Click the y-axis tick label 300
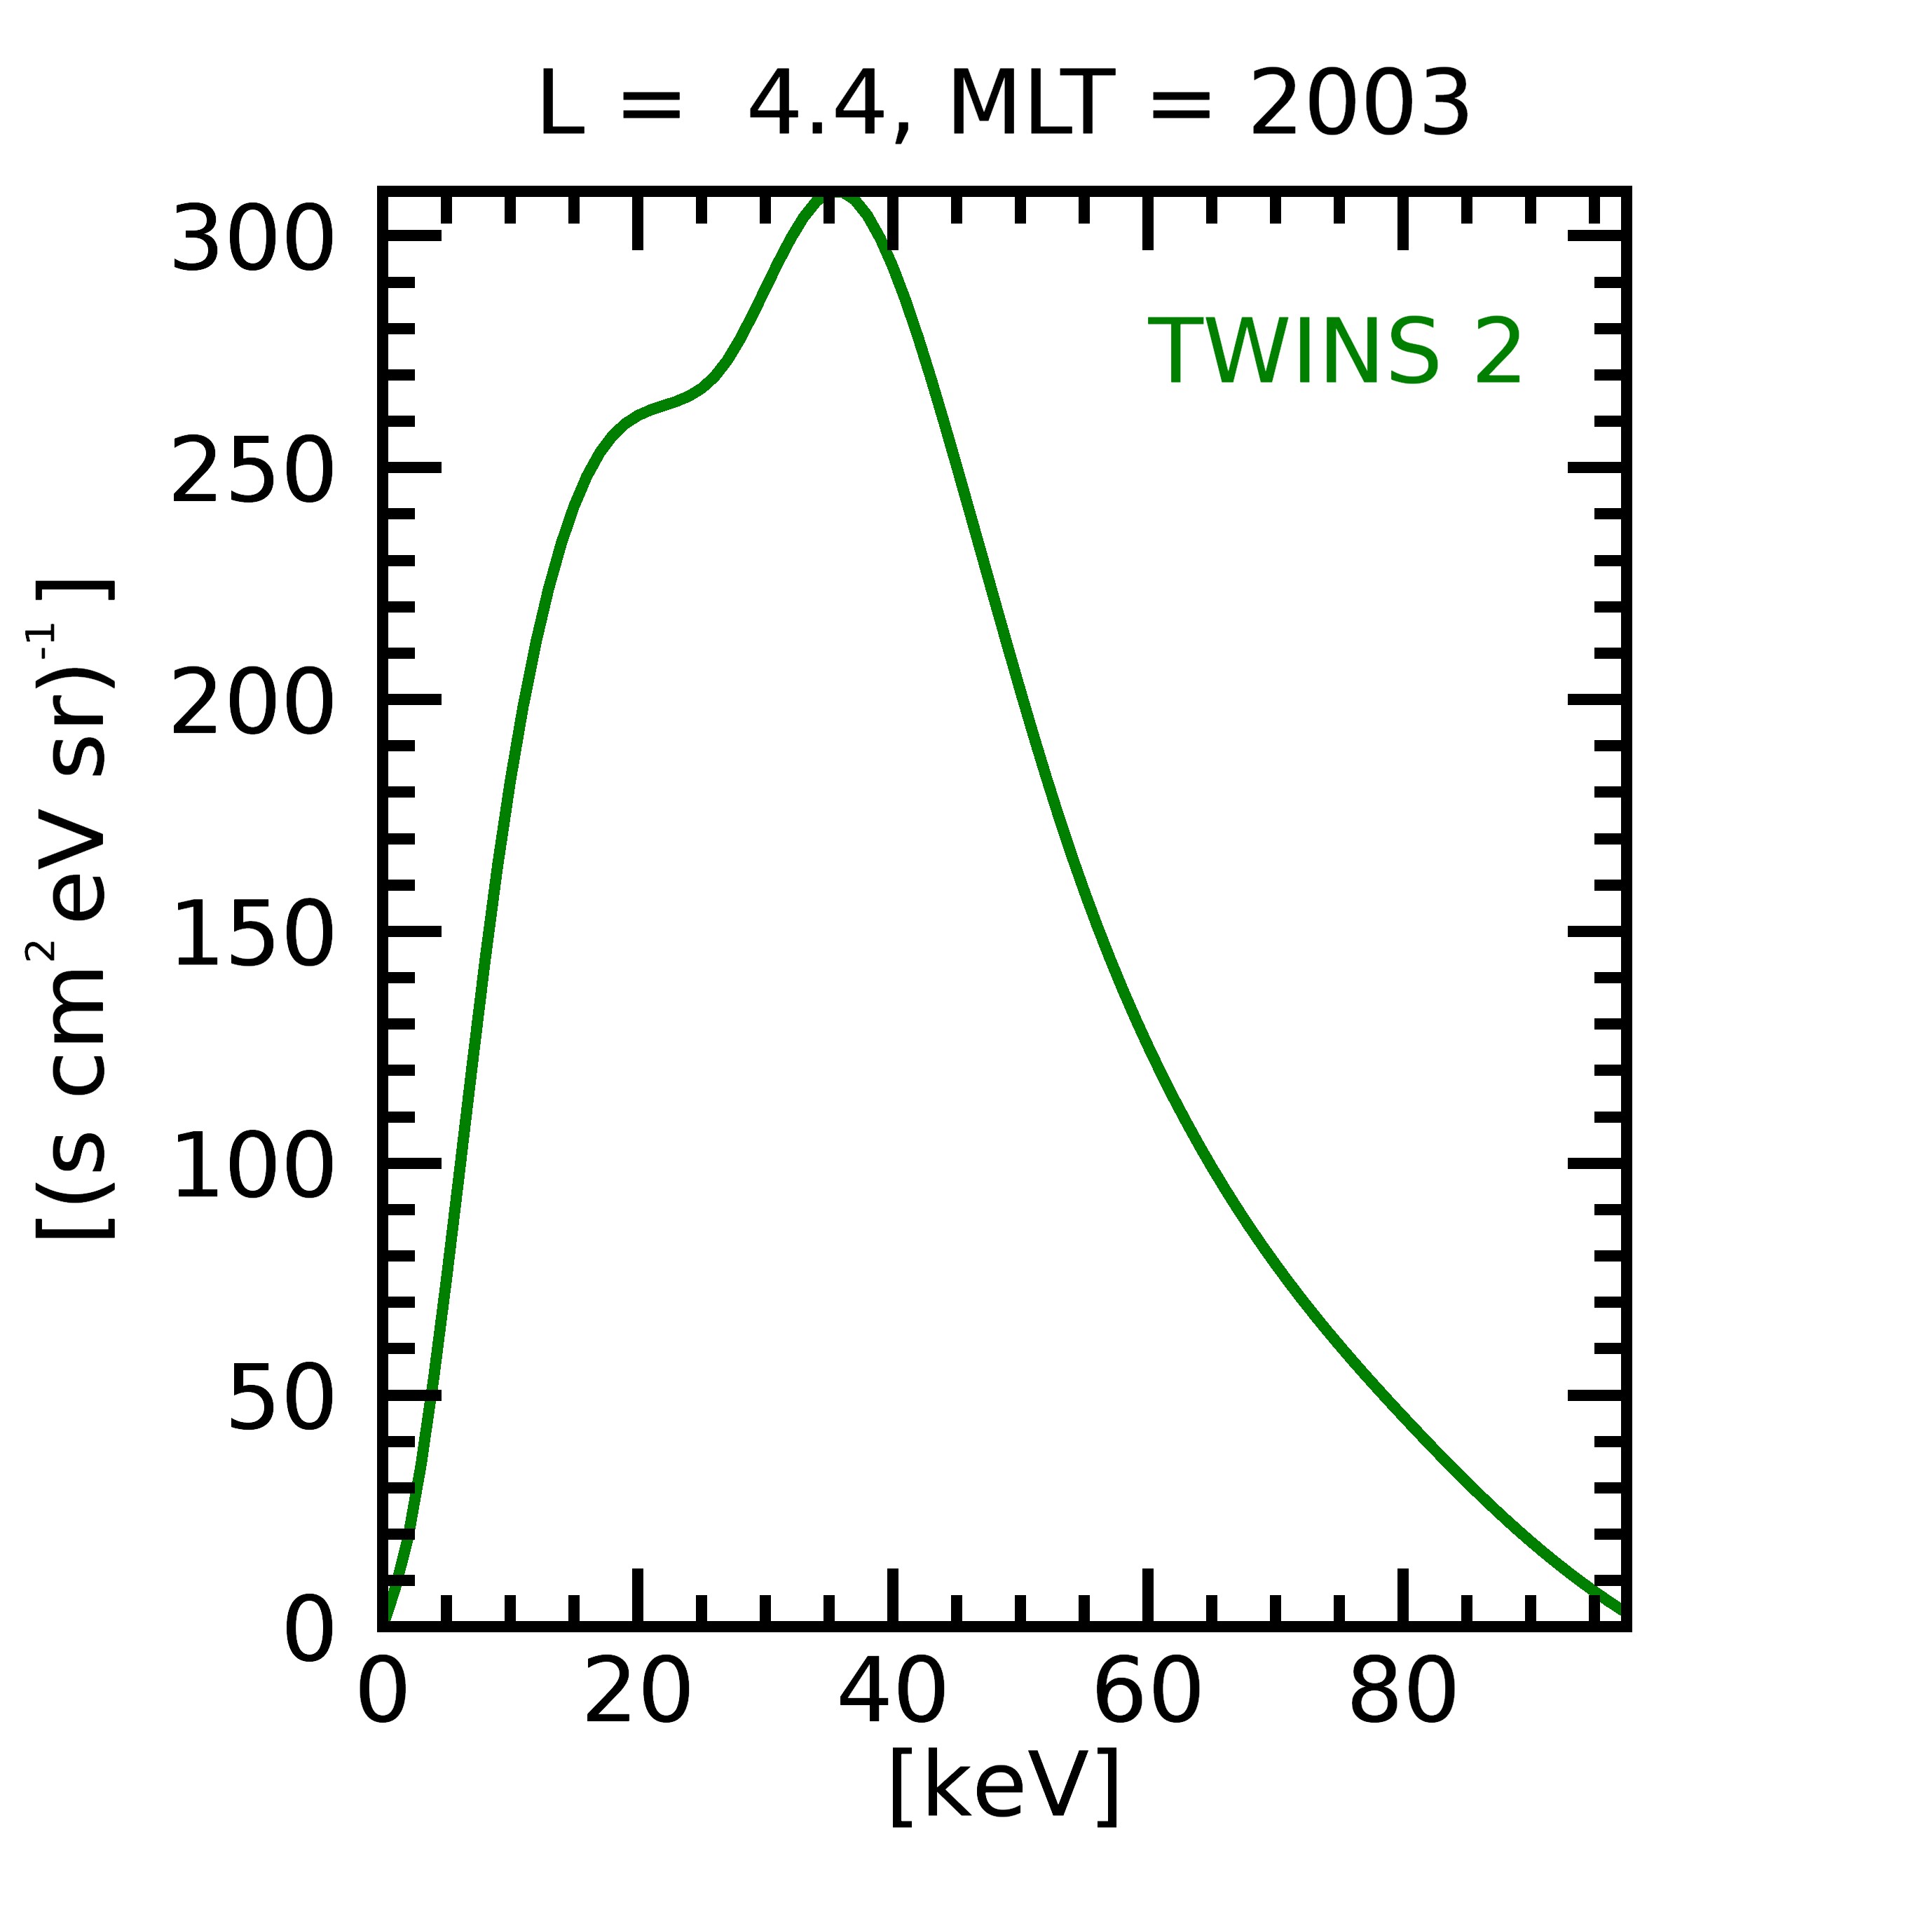tap(252, 240)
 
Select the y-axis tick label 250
tap(252, 472)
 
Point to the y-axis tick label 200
tap(252, 704)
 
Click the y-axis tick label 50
tap(281, 1400)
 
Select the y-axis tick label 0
tap(309, 1632)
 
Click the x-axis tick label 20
tap(638, 1696)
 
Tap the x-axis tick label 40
tap(893, 1696)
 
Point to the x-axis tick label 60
tap(1147, 1696)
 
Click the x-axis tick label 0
tap(383, 1696)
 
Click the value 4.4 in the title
tap(816, 105)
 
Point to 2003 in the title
tap(1359, 105)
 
